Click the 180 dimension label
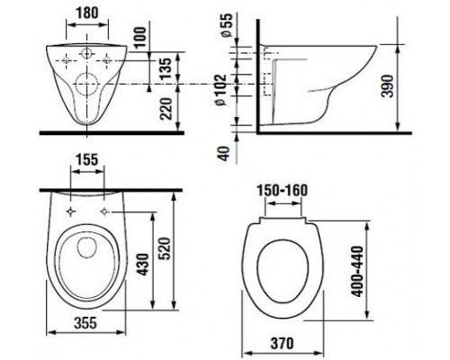click(86, 13)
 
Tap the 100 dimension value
click(139, 37)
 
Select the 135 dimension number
click(166, 68)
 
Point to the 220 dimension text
click(166, 109)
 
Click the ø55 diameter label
click(227, 25)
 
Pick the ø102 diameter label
click(221, 89)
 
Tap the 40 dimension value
click(224, 153)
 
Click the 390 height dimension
click(388, 86)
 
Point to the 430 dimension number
click(143, 265)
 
